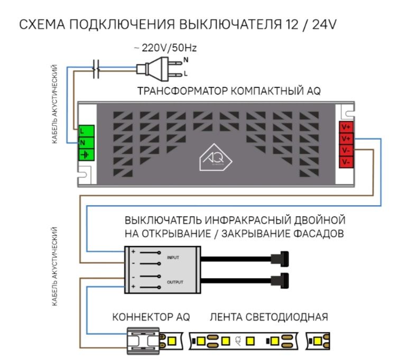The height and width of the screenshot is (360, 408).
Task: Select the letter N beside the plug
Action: [185, 61]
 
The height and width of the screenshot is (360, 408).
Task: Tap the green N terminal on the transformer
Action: [86, 143]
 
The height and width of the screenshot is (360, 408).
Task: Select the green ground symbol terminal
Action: [86, 154]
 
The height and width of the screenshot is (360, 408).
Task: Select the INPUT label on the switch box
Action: [173, 258]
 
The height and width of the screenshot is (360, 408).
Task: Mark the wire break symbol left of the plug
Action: [96, 67]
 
